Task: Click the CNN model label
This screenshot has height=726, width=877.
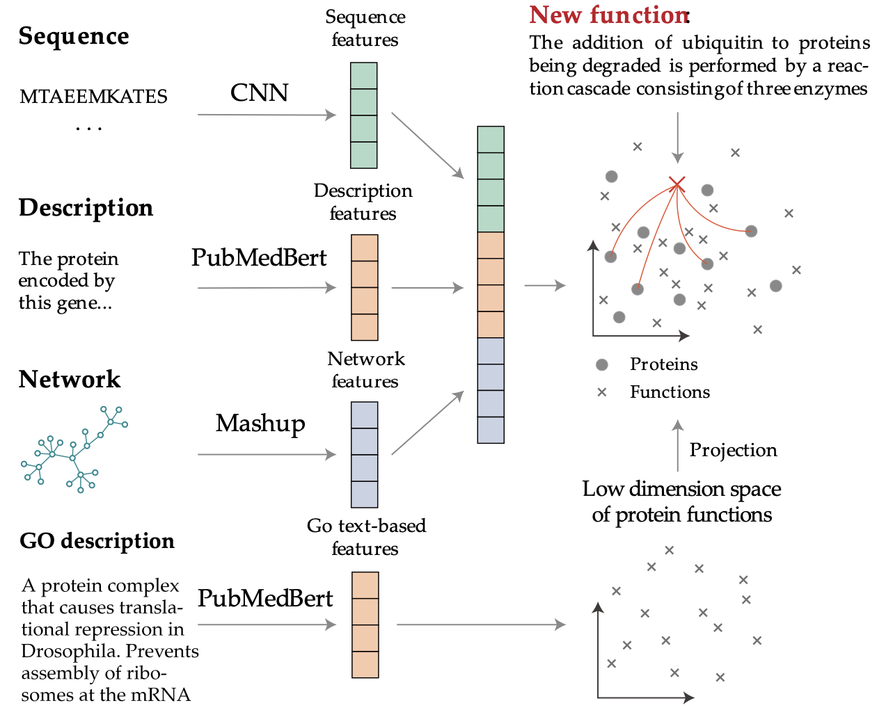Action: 259,92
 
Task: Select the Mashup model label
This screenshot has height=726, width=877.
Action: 260,423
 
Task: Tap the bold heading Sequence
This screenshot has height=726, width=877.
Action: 74,36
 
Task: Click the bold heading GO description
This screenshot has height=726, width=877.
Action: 97,541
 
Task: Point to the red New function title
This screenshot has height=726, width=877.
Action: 608,15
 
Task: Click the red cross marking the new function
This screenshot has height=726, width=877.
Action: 677,184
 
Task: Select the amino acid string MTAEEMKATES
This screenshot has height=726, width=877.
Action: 93,97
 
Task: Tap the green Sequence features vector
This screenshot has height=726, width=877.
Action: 363,115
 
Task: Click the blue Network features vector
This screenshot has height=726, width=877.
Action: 364,455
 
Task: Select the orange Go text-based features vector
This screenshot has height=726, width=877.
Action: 365,624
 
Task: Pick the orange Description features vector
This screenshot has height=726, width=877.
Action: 364,287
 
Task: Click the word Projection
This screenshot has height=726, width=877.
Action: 733,451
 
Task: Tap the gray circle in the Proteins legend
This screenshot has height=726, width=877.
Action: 602,365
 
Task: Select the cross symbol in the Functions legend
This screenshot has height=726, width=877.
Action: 602,392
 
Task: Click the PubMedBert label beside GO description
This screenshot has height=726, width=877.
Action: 265,599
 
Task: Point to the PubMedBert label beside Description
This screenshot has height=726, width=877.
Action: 259,258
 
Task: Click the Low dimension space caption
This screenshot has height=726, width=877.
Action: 681,501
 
